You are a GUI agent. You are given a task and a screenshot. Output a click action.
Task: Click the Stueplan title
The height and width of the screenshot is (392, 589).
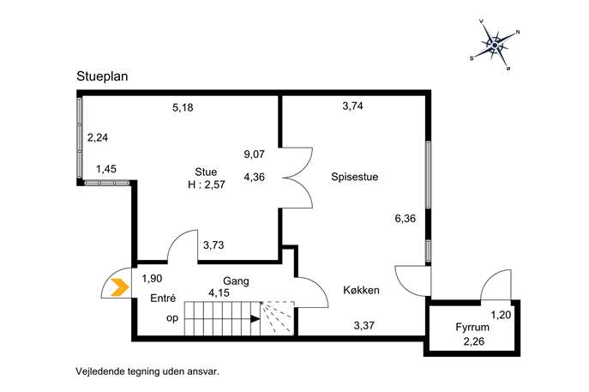[102, 76]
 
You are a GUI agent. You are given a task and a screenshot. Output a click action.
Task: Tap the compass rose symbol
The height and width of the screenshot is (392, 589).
[495, 45]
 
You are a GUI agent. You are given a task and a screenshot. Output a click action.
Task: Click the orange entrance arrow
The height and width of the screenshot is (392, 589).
[120, 287]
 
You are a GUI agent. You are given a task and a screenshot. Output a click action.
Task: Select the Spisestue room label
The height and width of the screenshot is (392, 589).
[355, 177]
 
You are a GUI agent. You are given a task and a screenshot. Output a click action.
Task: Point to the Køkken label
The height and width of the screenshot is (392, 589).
[361, 290]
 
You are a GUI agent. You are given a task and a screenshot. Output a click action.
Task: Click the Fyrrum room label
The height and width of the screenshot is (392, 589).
[472, 327]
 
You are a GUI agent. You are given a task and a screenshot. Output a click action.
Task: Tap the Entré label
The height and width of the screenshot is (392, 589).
[163, 298]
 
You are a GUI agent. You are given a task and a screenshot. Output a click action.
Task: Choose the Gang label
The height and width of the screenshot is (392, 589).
[236, 281]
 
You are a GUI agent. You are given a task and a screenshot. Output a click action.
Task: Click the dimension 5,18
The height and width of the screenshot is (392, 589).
[183, 107]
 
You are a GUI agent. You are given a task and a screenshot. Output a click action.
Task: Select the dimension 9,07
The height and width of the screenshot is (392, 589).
[255, 154]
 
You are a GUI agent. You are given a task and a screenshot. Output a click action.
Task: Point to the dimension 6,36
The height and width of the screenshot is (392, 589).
[406, 219]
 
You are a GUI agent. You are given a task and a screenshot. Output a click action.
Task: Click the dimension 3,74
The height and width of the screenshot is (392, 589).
[352, 106]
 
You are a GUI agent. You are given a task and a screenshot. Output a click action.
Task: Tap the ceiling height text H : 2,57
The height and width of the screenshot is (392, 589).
[207, 184]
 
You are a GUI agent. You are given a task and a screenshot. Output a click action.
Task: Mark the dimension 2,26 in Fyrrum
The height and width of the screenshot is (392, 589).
[473, 341]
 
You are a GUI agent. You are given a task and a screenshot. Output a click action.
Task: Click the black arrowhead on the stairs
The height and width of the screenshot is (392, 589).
[255, 319]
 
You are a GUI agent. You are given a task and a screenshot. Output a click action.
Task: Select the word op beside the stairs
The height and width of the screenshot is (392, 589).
[172, 318]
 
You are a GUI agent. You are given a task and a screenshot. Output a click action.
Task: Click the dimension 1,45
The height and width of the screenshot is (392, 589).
[106, 169]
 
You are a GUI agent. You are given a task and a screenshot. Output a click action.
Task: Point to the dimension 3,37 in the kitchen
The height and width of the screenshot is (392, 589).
[364, 325]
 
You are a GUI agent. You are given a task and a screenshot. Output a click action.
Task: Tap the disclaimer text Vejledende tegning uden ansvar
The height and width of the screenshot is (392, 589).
[147, 371]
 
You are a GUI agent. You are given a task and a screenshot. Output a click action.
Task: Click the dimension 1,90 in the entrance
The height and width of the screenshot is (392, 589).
[152, 279]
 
